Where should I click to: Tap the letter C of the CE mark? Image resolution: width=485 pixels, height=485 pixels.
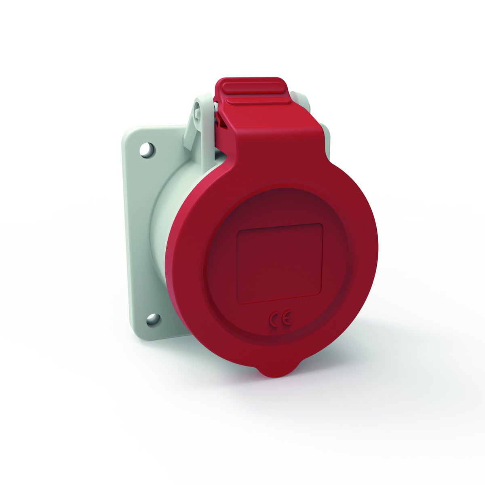click(x=274, y=321)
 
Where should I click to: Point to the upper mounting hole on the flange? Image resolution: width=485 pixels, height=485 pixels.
click(x=148, y=149)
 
